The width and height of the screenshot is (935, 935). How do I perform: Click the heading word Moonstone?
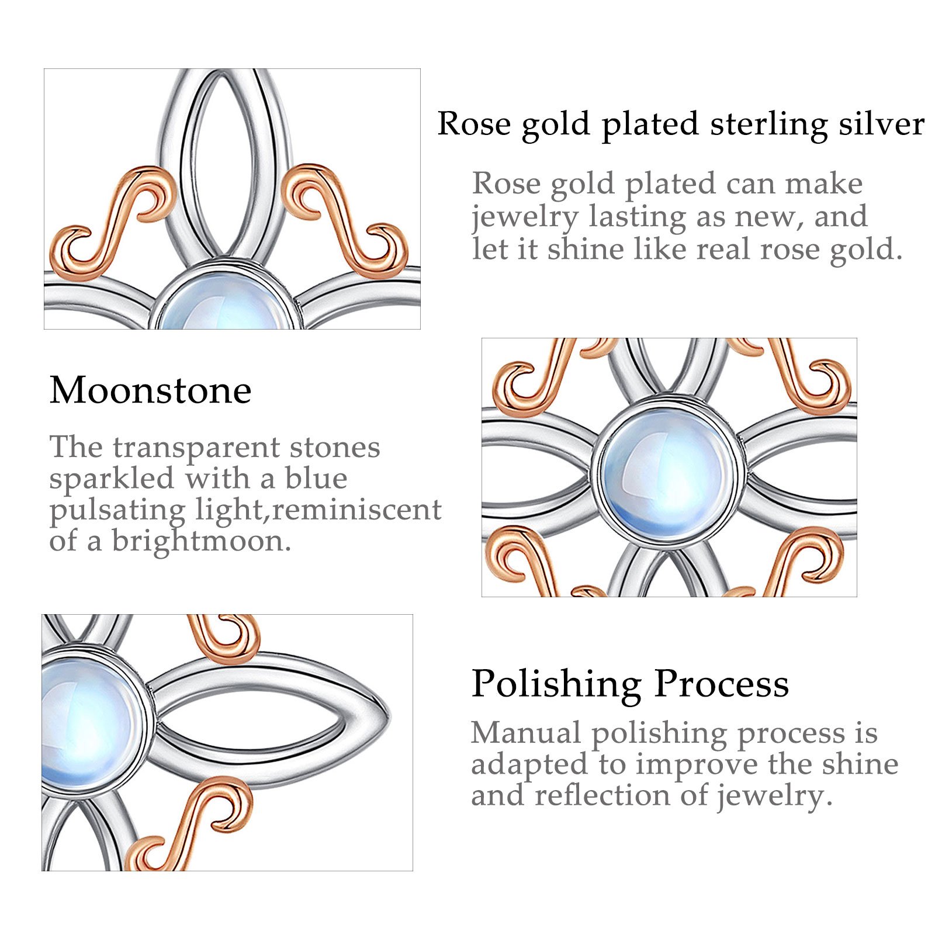151,390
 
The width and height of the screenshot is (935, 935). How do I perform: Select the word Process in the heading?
722,683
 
